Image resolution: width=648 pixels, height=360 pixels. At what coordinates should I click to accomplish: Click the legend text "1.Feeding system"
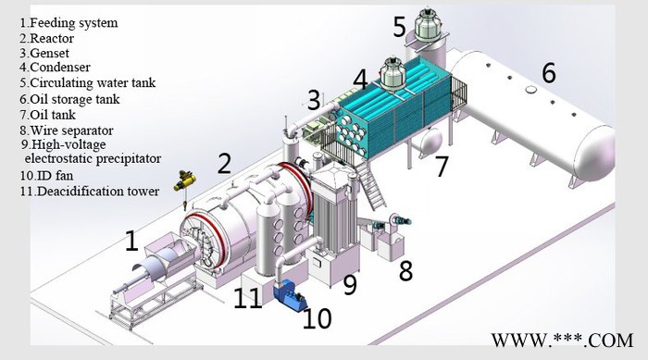69,23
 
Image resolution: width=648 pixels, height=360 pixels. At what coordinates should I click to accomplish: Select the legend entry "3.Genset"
44,54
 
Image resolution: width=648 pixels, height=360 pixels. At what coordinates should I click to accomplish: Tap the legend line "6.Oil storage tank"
69,99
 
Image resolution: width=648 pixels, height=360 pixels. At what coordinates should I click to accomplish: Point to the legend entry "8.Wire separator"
67,130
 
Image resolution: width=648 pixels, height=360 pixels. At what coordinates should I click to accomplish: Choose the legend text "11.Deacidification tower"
90,192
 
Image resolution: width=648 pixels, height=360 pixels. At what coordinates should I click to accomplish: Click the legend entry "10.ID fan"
46,176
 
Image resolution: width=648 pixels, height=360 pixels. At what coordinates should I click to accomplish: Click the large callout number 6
549,73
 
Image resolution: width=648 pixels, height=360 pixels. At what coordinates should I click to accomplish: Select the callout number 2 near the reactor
224,164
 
